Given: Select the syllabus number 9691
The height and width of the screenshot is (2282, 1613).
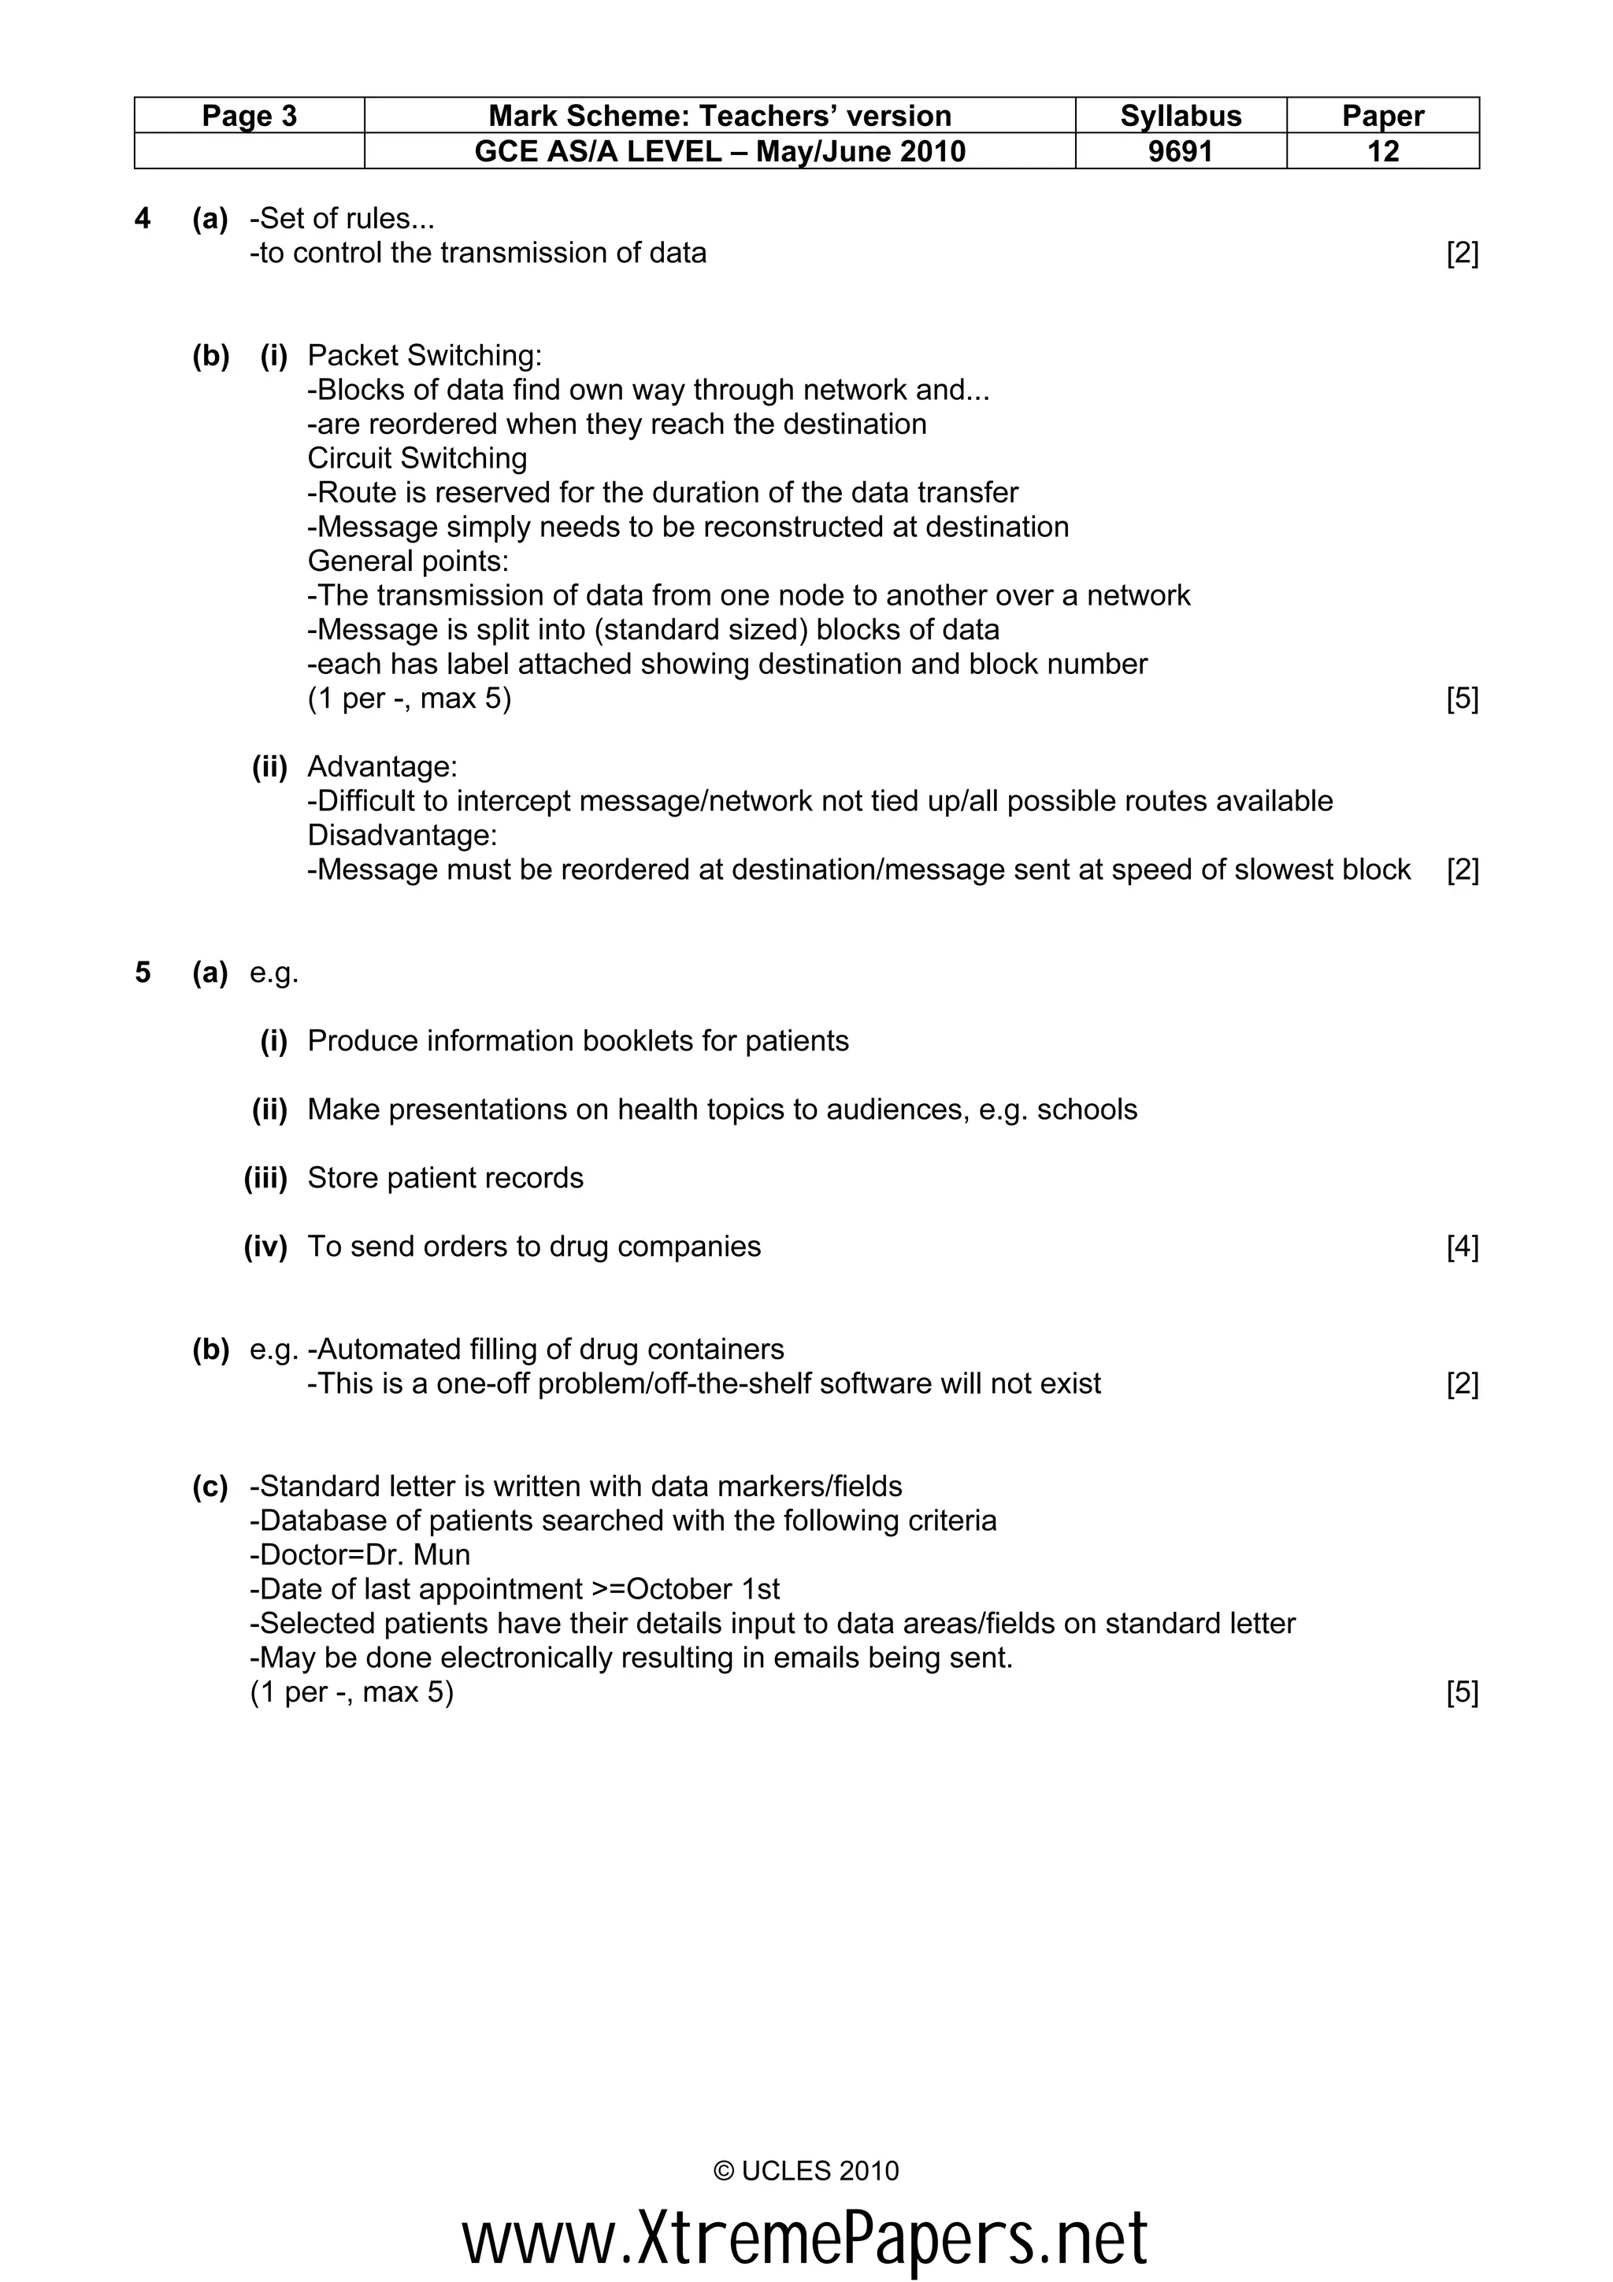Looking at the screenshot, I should (x=1181, y=151).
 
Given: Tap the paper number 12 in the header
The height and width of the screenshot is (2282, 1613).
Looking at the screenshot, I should (x=1382, y=151).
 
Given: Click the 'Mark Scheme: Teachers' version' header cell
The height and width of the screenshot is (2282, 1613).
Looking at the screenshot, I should (x=720, y=117).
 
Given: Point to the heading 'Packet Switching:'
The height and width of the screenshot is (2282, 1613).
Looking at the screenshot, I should (x=425, y=355).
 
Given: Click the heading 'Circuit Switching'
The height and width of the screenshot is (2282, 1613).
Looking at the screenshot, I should (x=417, y=458).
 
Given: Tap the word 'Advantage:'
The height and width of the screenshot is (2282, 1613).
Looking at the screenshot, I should (x=383, y=766).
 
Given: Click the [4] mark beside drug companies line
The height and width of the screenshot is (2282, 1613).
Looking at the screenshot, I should (x=1462, y=1247).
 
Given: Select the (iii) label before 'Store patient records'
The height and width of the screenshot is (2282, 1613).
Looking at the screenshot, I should (x=265, y=1178).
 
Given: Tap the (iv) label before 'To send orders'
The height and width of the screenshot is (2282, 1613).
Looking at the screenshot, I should (x=265, y=1247).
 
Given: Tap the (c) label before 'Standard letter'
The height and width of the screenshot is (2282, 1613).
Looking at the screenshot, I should (x=210, y=1487).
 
